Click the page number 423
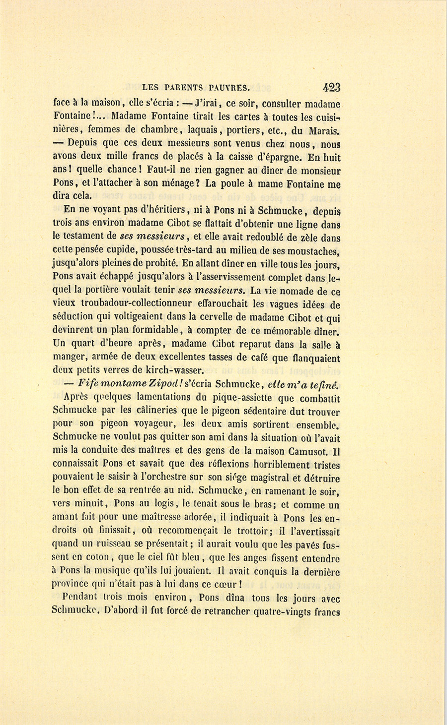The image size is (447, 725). (x=331, y=88)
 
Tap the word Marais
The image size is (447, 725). (x=324, y=131)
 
